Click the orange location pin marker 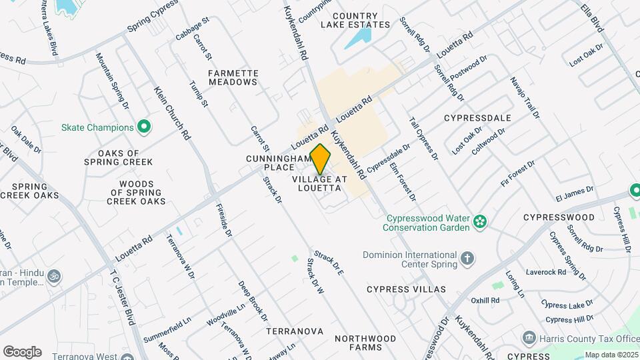click(x=321, y=159)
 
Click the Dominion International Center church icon click(x=468, y=257)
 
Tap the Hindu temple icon click(x=54, y=275)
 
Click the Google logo click(x=22, y=352)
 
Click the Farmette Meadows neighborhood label click(x=233, y=77)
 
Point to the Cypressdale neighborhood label click(x=477, y=118)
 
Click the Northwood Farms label click(x=365, y=343)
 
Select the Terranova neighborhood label click(x=294, y=331)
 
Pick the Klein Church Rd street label click(x=172, y=113)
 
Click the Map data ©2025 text click(x=609, y=355)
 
